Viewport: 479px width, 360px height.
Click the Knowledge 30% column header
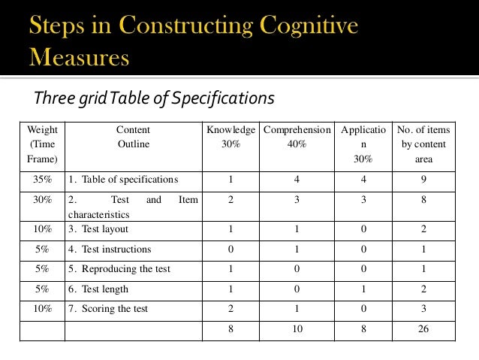pos(231,137)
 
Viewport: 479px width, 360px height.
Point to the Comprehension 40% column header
pos(297,137)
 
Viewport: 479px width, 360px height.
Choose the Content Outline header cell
pos(133,137)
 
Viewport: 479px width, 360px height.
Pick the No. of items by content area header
pos(423,144)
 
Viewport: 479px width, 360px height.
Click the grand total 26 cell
pos(423,329)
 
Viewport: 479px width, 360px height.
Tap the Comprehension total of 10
pos(297,329)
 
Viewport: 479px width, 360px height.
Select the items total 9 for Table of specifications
pos(423,180)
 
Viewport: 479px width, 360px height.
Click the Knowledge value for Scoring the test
pos(231,309)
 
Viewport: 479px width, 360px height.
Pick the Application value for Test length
pos(363,289)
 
